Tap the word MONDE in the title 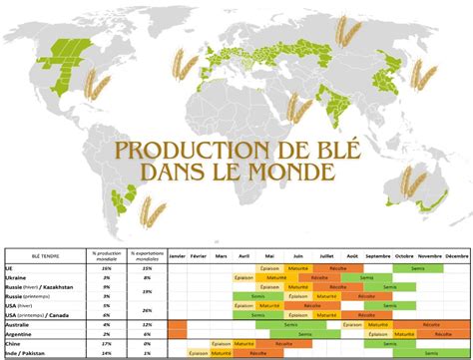coord(290,173)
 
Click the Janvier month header coord(178,257)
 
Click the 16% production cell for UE coord(106,268)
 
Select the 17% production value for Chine coord(106,344)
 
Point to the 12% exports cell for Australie coord(146,325)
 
